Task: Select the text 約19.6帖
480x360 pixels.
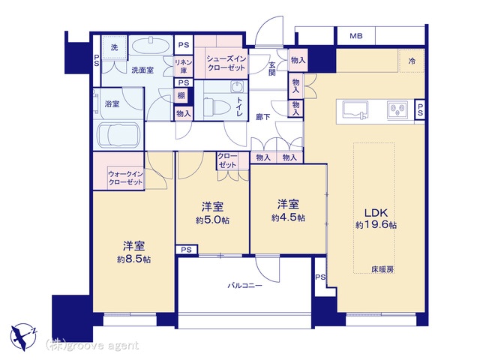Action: coord(376,225)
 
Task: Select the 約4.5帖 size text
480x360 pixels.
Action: coord(289,217)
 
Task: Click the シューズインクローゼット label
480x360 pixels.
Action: coord(225,63)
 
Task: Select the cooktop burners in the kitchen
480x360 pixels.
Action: coord(396,110)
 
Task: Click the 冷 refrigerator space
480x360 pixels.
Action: coord(412,60)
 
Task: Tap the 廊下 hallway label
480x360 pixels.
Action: coord(262,118)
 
